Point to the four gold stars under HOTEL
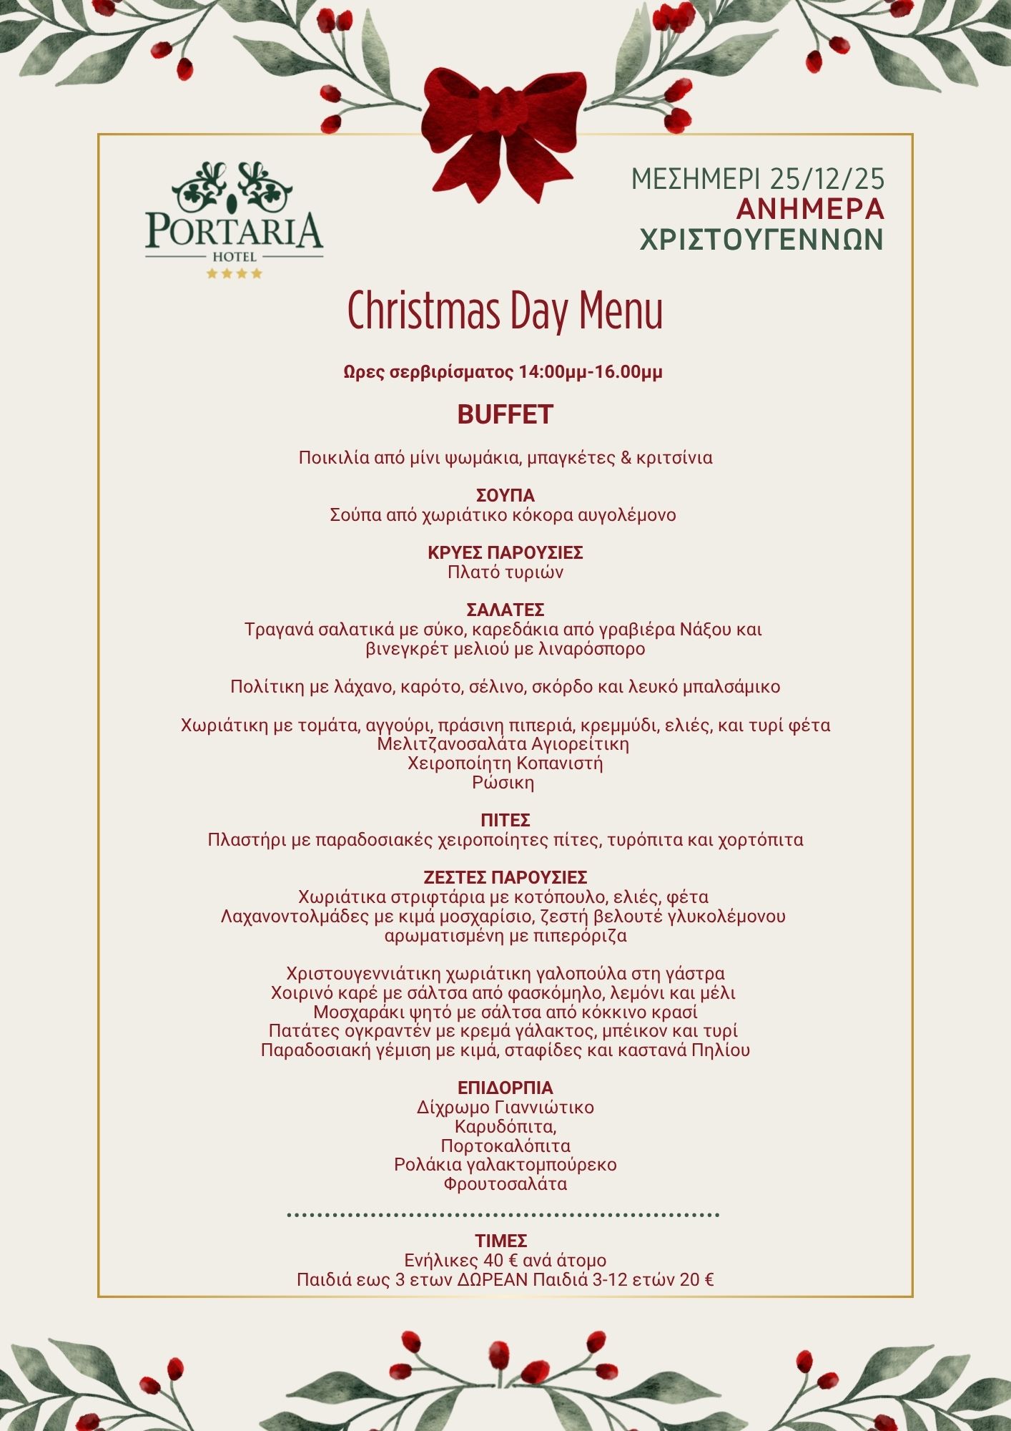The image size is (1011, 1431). [x=235, y=273]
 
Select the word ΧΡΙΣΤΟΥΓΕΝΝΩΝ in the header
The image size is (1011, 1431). [x=761, y=240]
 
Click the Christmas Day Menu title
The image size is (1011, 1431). [x=505, y=311]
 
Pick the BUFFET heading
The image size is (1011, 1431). [x=505, y=415]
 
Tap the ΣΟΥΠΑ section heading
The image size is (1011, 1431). [x=505, y=495]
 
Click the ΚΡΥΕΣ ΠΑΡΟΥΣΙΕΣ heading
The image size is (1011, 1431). [x=505, y=552]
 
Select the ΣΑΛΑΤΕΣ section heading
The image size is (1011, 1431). [x=505, y=610]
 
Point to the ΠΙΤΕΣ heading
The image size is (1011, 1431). [x=505, y=820]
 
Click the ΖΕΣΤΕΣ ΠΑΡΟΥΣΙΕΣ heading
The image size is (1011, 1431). [x=505, y=877]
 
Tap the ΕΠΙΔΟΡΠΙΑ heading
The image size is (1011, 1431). [x=505, y=1088]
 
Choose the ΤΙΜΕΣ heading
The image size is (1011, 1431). [x=501, y=1241]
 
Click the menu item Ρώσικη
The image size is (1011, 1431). [x=503, y=783]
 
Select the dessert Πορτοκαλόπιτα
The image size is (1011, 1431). [x=505, y=1146]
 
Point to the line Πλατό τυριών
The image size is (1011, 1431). [x=505, y=572]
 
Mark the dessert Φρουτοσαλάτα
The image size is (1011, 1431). [x=505, y=1184]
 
